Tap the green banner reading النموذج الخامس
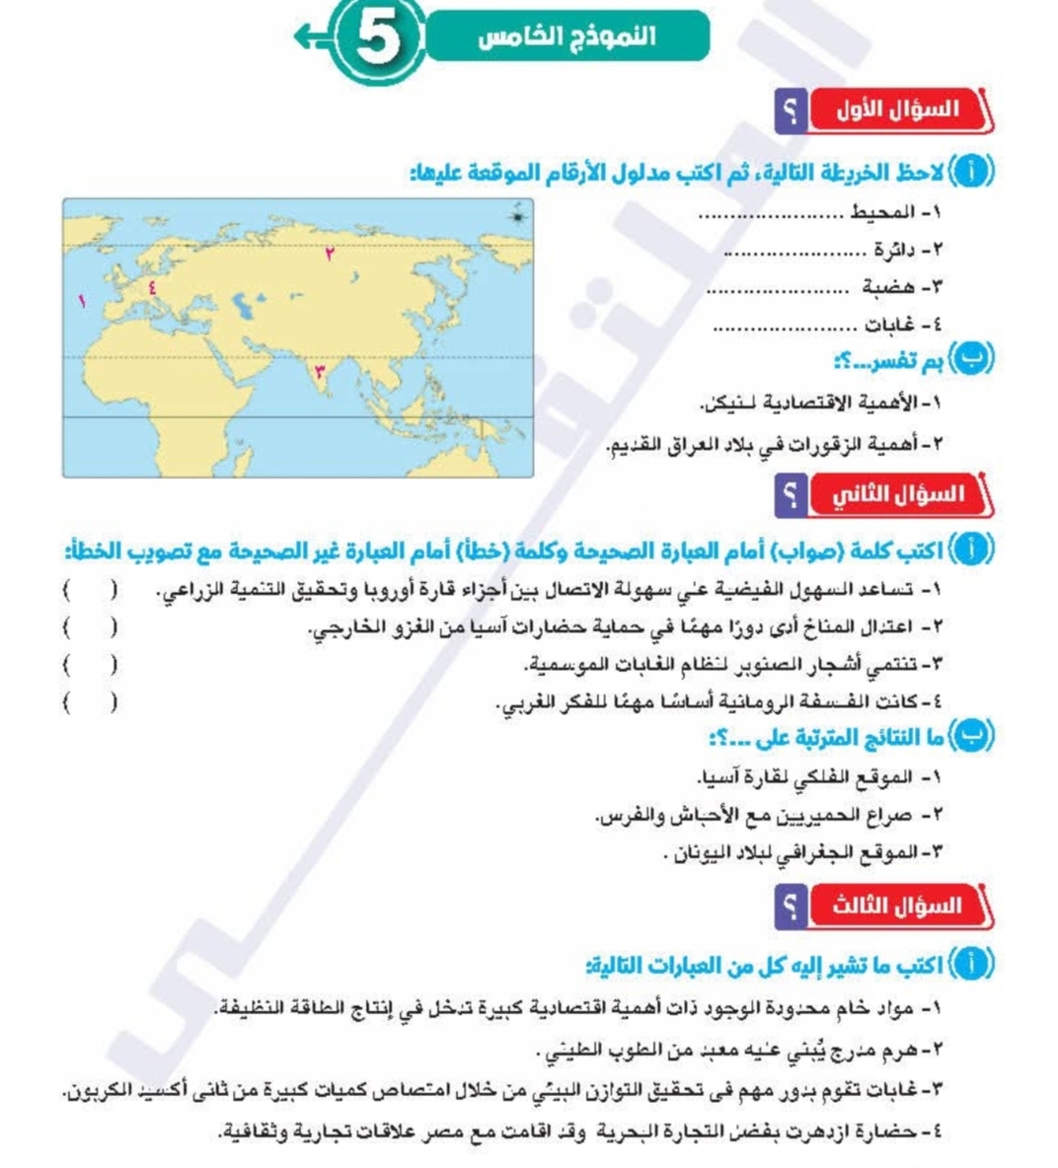(567, 37)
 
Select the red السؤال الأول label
(897, 109)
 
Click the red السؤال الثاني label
(897, 494)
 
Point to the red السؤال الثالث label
(897, 905)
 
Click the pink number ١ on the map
(83, 300)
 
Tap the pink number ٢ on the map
(330, 254)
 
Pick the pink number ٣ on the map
(318, 372)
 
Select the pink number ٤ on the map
(152, 288)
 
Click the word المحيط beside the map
(882, 212)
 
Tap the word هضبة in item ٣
(888, 287)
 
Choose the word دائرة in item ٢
(897, 250)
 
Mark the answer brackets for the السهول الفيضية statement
(90, 590)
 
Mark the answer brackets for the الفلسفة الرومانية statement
(90, 703)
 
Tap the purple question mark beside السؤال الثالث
(790, 905)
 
